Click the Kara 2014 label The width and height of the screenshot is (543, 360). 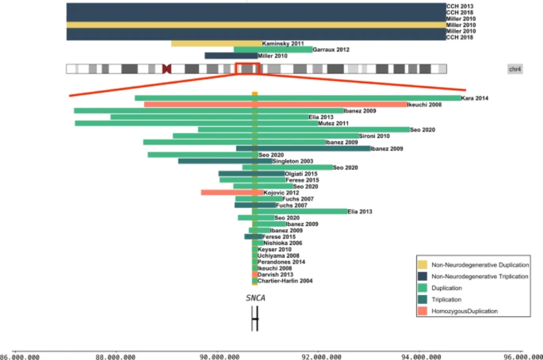[474, 98]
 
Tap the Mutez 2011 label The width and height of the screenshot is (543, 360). [334, 123]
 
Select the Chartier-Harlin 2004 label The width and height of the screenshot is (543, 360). [285, 281]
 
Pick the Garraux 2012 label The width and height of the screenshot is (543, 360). [331, 50]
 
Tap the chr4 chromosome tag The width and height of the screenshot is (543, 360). [515, 69]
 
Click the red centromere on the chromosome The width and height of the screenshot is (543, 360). [167, 69]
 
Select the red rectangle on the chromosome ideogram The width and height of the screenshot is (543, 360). [248, 69]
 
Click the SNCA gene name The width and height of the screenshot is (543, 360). [255, 298]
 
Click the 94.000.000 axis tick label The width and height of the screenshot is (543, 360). [421, 356]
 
